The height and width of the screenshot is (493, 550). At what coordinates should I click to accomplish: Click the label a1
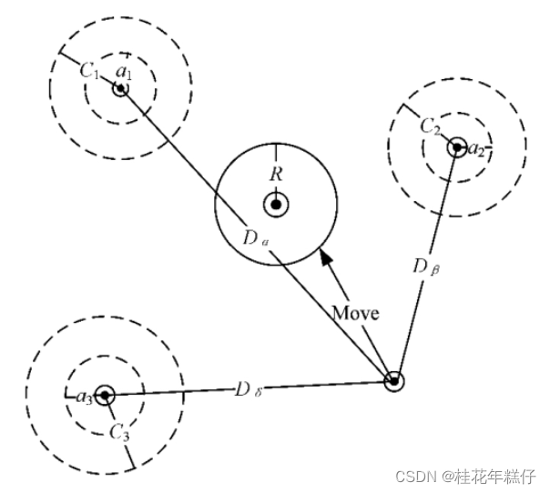pyautogui.click(x=125, y=73)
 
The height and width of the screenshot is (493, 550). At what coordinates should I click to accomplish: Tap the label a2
pyautogui.click(x=476, y=149)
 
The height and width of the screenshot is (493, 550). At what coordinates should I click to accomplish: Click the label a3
pyautogui.click(x=83, y=397)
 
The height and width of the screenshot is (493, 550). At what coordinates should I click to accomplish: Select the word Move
pyautogui.click(x=355, y=312)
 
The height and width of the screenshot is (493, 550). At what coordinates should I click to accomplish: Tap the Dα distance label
pyautogui.click(x=255, y=239)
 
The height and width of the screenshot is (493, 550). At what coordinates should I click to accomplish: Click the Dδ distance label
pyautogui.click(x=247, y=389)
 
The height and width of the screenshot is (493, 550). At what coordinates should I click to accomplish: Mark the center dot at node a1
pyautogui.click(x=119, y=89)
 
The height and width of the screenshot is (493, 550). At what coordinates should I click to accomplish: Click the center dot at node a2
pyautogui.click(x=457, y=147)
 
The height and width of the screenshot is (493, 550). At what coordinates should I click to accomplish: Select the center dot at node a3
pyautogui.click(x=106, y=396)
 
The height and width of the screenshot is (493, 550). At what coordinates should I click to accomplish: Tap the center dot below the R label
pyautogui.click(x=276, y=205)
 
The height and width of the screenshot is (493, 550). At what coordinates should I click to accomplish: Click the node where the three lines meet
pyautogui.click(x=393, y=381)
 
